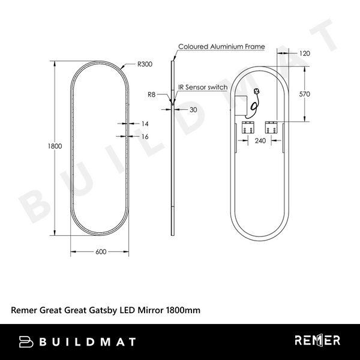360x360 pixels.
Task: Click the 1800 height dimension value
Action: click(x=55, y=146)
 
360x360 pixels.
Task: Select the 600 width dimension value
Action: click(x=101, y=252)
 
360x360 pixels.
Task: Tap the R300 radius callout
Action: click(x=144, y=63)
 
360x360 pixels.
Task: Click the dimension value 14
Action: click(x=144, y=123)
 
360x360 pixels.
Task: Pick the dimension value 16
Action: click(x=144, y=137)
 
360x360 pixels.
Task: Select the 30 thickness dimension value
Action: click(x=193, y=110)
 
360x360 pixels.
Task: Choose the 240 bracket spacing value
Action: click(x=260, y=142)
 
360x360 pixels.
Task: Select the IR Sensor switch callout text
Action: click(x=203, y=87)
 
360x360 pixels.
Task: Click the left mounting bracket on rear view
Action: click(x=247, y=127)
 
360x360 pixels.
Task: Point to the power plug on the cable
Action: click(x=257, y=92)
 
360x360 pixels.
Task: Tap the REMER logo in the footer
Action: click(x=317, y=341)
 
